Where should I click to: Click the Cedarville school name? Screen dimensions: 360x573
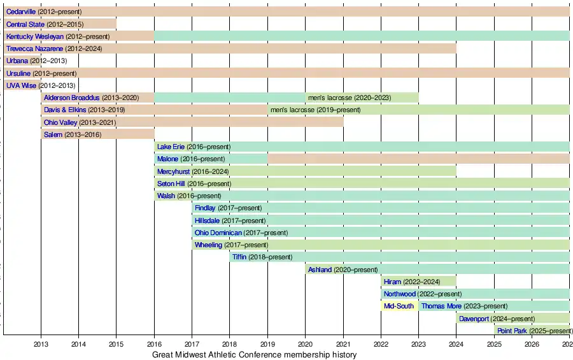click(x=21, y=11)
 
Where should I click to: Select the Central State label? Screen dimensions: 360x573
click(x=25, y=24)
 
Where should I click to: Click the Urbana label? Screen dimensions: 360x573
click(x=17, y=61)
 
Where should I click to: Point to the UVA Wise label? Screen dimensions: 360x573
click(x=22, y=85)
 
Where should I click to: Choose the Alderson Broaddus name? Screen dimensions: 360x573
click(x=72, y=97)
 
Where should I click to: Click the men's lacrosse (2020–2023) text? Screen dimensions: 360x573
click(x=349, y=97)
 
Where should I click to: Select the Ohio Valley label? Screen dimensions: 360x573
click(x=60, y=122)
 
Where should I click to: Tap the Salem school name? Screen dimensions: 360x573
click(x=53, y=134)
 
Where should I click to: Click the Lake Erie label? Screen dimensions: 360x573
click(x=171, y=147)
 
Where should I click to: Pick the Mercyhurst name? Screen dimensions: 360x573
click(x=173, y=171)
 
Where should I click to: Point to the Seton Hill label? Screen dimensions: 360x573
click(x=171, y=184)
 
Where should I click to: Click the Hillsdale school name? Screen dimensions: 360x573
click(x=207, y=220)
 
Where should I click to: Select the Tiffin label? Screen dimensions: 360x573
click(x=239, y=257)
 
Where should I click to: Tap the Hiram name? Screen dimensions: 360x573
click(x=393, y=282)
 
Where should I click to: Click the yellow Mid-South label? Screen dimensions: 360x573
click(x=399, y=306)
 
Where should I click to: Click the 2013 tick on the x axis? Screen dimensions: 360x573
click(x=41, y=344)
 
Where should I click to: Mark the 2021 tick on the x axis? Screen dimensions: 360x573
click(x=343, y=344)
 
